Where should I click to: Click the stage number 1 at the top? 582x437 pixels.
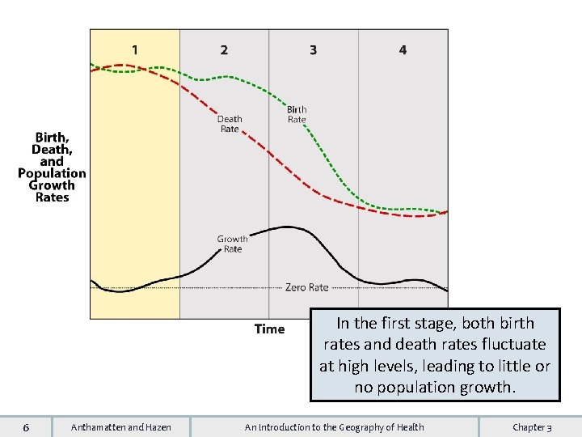(134, 50)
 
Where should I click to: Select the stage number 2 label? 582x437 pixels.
(224, 50)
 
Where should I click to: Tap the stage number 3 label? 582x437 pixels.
(313, 50)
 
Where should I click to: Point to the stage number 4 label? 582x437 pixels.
(403, 50)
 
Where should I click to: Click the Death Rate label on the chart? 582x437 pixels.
(230, 124)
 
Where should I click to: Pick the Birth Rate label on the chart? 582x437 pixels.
(297, 114)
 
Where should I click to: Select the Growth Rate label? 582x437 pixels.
(232, 244)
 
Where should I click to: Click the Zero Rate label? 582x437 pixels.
(306, 287)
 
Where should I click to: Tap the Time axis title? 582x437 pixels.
(269, 329)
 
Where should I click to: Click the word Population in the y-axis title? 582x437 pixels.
(52, 173)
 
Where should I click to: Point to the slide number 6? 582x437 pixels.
(27, 426)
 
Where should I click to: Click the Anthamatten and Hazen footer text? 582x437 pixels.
(121, 426)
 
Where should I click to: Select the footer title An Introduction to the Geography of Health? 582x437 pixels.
(334, 426)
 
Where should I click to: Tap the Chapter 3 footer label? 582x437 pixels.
(532, 426)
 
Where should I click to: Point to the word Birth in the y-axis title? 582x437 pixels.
(52, 138)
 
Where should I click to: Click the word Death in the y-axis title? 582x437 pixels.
(52, 150)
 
